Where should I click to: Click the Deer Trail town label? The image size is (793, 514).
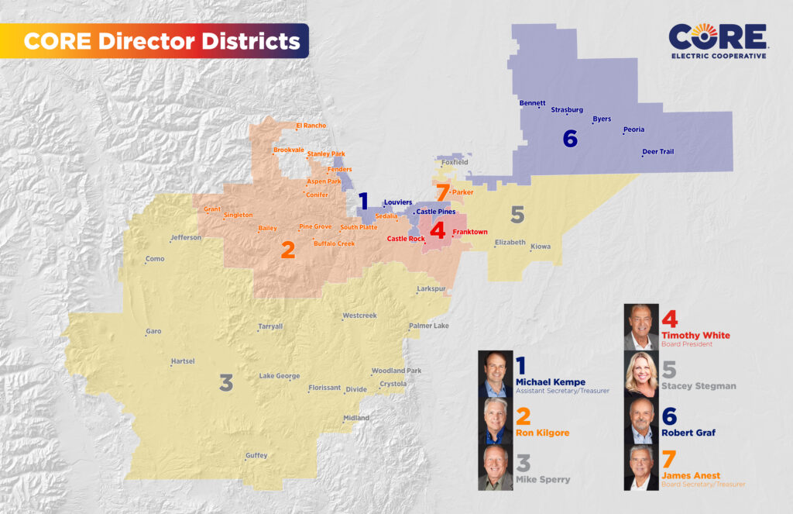coord(658,152)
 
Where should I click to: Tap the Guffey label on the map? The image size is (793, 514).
coord(256,456)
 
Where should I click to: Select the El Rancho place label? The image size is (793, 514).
coord(311,126)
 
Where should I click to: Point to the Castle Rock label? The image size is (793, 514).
coord(406,239)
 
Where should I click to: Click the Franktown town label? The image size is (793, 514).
coord(470,233)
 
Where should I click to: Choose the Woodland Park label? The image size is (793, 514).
coord(396,371)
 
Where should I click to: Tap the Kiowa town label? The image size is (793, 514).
coord(541,247)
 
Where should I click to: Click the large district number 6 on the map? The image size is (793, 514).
coord(570,139)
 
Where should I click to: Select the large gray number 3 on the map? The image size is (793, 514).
coord(226,382)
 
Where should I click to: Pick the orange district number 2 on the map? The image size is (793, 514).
coord(287,250)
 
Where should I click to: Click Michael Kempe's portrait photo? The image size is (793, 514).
coord(496,375)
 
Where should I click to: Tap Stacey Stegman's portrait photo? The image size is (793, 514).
coord(641,374)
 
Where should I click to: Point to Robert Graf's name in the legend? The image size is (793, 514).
coord(688,433)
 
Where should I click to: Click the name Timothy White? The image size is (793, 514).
coord(695,335)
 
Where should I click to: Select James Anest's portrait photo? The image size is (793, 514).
coord(641,467)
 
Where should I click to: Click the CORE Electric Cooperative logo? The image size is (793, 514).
coord(718,40)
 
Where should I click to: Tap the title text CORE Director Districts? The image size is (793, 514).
coord(162,41)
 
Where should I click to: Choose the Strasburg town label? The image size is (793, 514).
coord(568,110)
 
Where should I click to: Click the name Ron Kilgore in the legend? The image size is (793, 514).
coord(542,433)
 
